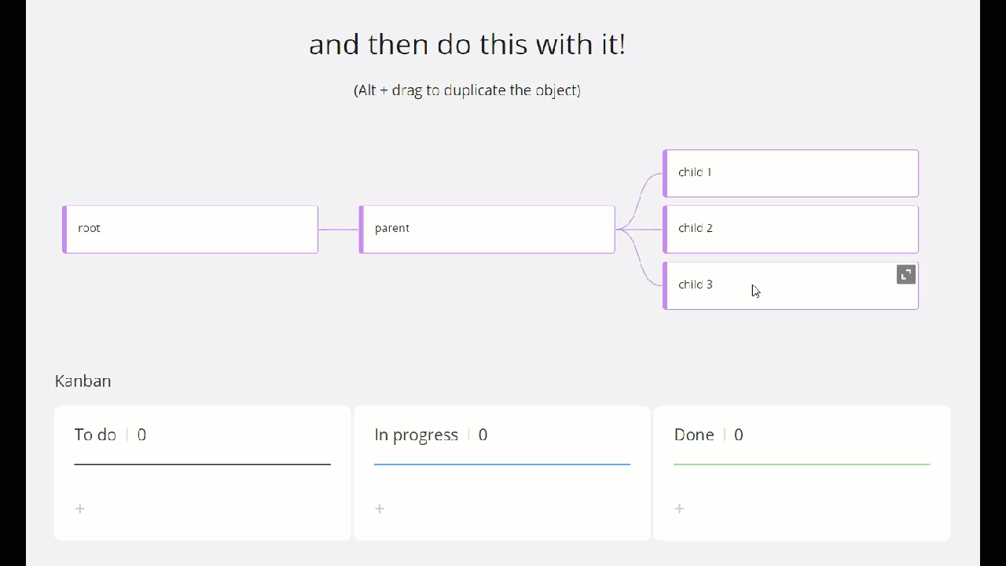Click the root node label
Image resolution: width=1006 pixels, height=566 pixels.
click(x=89, y=228)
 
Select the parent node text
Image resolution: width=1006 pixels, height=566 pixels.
click(x=392, y=229)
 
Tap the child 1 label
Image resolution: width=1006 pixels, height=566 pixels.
click(x=695, y=172)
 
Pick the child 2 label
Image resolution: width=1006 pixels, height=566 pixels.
click(x=696, y=228)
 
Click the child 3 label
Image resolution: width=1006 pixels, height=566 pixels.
click(x=696, y=285)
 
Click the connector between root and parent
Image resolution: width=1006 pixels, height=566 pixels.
click(x=339, y=230)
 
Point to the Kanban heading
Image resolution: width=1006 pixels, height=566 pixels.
click(x=83, y=381)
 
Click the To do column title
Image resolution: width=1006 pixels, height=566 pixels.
click(x=95, y=435)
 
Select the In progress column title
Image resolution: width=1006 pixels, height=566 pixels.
click(x=416, y=436)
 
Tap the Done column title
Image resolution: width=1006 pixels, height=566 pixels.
click(x=694, y=435)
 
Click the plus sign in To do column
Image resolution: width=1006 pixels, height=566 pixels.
click(x=80, y=509)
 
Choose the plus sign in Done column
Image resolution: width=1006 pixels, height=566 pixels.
click(x=679, y=509)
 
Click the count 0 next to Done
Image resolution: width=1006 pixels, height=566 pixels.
click(x=738, y=435)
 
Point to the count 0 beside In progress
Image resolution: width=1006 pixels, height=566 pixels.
click(x=483, y=435)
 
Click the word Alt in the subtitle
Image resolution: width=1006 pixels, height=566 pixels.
click(x=366, y=90)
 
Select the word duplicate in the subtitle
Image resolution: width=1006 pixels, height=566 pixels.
click(x=475, y=90)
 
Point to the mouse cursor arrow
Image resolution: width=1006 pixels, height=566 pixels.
click(x=756, y=291)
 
